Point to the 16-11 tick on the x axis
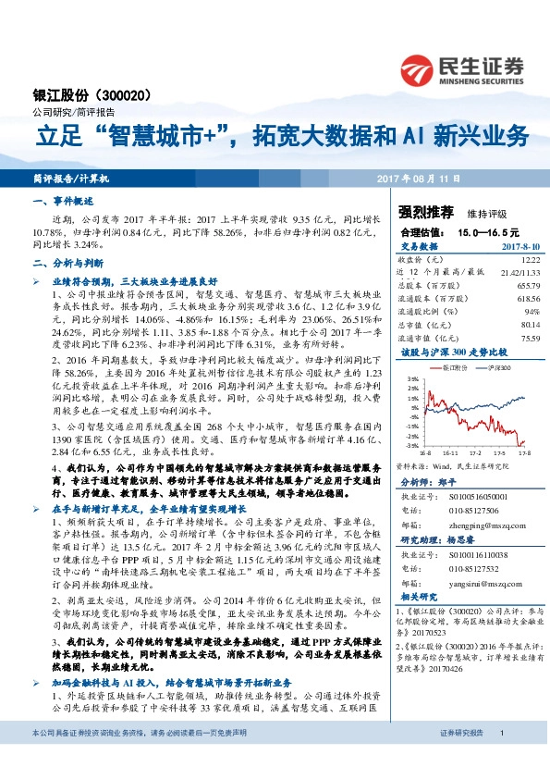(x=451, y=453)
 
